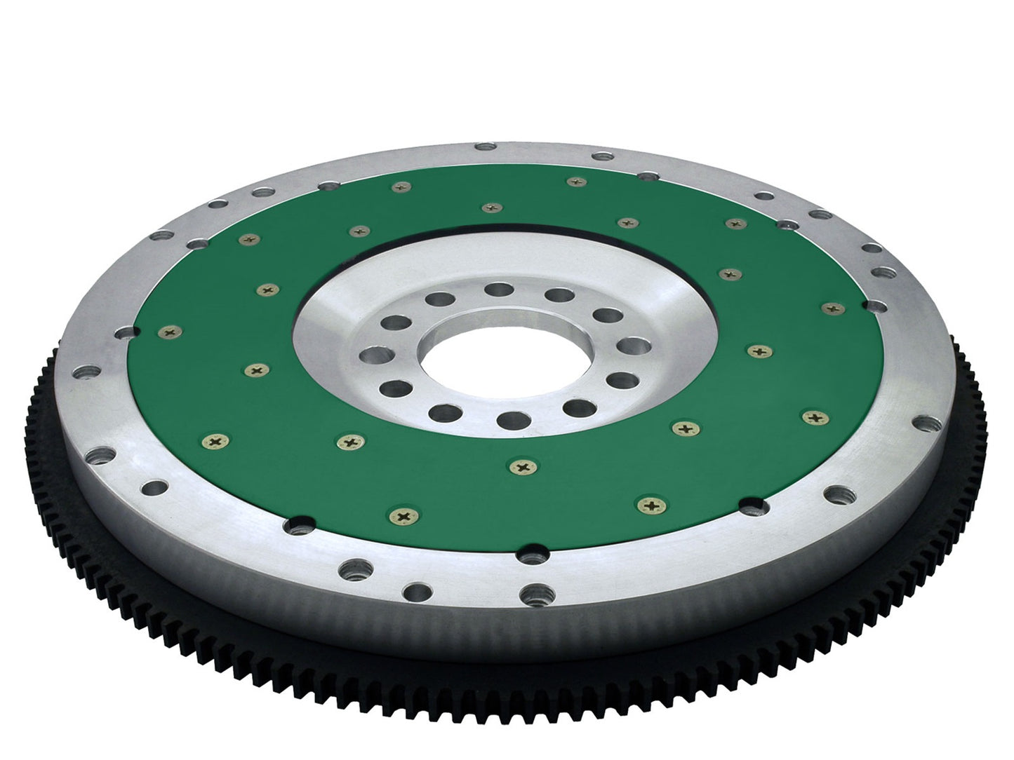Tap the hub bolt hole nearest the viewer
[507, 419]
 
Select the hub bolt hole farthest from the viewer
[500, 290]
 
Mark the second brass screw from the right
[814, 417]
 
